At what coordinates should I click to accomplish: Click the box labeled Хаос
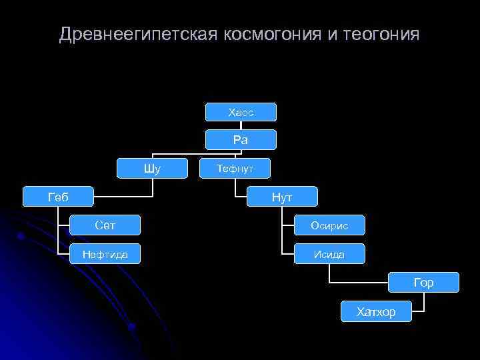click(x=241, y=112)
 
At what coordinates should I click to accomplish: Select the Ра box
click(x=241, y=140)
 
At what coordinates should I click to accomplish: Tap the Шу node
click(x=152, y=169)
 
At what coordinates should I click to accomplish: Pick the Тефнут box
click(x=235, y=169)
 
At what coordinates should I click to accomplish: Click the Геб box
click(x=58, y=197)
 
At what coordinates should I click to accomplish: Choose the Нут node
click(x=282, y=197)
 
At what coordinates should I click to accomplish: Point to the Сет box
click(x=105, y=225)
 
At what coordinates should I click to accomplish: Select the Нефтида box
click(x=105, y=253)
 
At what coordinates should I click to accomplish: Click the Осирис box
click(x=329, y=225)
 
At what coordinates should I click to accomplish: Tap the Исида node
click(x=329, y=253)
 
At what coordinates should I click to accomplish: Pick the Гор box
click(x=423, y=283)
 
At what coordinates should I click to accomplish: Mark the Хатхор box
click(x=376, y=311)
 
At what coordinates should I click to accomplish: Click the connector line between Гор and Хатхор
click(x=423, y=303)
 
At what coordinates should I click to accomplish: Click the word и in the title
click(x=333, y=34)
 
